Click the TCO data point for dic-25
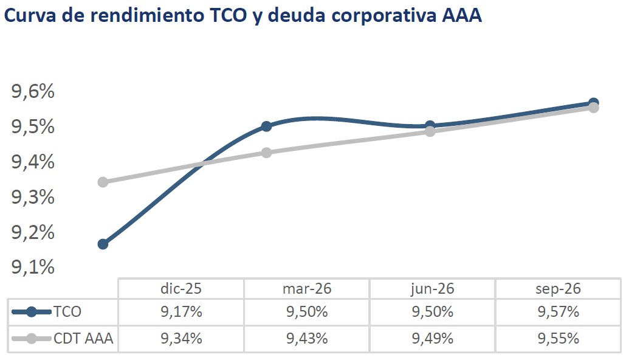pyautogui.click(x=103, y=244)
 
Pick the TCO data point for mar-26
pyautogui.click(x=266, y=126)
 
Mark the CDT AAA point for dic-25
pyautogui.click(x=103, y=182)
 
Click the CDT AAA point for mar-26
pyautogui.click(x=266, y=152)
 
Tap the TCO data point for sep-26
pyautogui.click(x=593, y=103)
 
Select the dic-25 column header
pyautogui.click(x=181, y=289)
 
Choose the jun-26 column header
pyautogui.click(x=433, y=289)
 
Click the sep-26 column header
pyautogui.click(x=559, y=289)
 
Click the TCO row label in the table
pyautogui.click(x=67, y=312)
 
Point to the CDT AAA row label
pyautogui.click(x=83, y=338)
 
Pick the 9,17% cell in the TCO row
pyautogui.click(x=181, y=312)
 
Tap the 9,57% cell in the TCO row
pyautogui.click(x=559, y=312)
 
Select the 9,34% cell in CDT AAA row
pyautogui.click(x=181, y=338)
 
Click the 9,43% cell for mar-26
pyautogui.click(x=307, y=338)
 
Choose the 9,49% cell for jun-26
pyautogui.click(x=433, y=338)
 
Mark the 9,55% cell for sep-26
pyautogui.click(x=559, y=338)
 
